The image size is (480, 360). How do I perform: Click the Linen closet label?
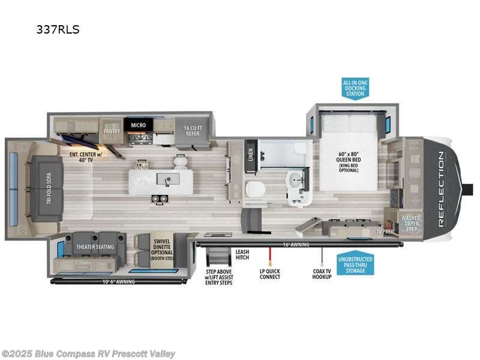[x=251, y=154]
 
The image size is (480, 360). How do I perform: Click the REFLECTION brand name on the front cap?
[x=441, y=188]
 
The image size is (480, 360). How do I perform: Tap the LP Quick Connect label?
[x=269, y=274]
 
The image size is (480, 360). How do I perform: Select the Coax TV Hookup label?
[x=321, y=274]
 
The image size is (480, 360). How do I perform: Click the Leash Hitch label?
[x=242, y=254]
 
